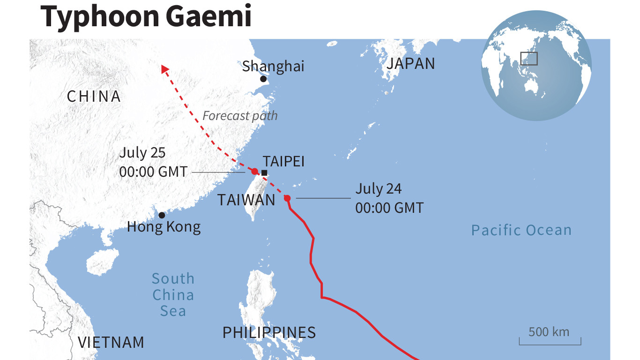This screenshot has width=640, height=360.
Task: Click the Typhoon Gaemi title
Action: [146, 16]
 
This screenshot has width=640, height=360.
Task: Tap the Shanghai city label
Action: [273, 66]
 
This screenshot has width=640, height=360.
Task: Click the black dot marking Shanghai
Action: [263, 79]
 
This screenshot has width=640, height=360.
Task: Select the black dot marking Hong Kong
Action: [162, 215]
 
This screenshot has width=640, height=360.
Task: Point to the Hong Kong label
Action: [164, 227]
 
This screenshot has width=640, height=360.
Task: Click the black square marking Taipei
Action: [264, 173]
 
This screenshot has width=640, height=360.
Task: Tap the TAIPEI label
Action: [283, 162]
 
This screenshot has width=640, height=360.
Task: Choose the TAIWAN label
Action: [246, 200]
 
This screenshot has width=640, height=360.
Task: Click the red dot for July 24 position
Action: [287, 198]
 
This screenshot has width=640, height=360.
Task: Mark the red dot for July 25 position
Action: [255, 172]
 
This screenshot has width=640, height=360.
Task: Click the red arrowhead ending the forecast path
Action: [164, 69]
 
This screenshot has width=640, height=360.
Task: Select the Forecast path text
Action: [240, 115]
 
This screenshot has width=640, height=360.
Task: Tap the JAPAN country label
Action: [410, 64]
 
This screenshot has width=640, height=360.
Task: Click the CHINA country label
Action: [94, 97]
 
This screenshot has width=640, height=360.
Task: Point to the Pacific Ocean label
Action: [521, 230]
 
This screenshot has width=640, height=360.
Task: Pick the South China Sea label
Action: [173, 295]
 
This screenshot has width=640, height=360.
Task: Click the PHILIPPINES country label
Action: [269, 333]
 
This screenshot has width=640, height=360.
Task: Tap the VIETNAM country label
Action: [111, 342]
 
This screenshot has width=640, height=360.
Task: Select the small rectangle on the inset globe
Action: [529, 59]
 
